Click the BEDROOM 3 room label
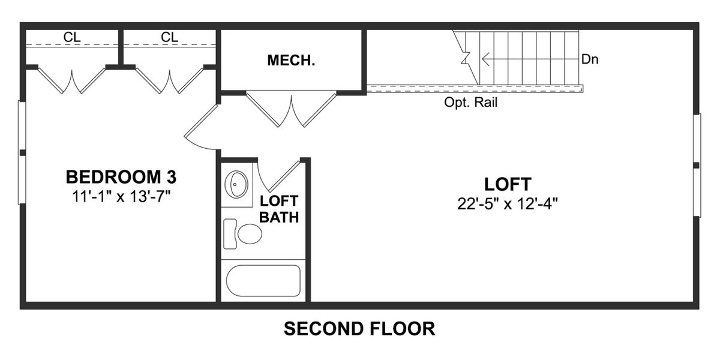(x=121, y=178)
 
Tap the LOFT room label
(x=508, y=184)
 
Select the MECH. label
(x=291, y=61)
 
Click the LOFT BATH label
(x=279, y=209)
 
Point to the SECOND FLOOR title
(x=359, y=329)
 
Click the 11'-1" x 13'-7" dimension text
(x=121, y=196)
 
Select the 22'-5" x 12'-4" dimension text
(x=508, y=203)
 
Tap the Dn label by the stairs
(x=590, y=60)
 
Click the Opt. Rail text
(x=470, y=103)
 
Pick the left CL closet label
(x=72, y=37)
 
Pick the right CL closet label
(x=170, y=37)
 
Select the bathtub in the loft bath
(x=263, y=280)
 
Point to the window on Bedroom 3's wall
(x=22, y=152)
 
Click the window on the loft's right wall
(x=697, y=165)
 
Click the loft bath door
(x=280, y=176)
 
